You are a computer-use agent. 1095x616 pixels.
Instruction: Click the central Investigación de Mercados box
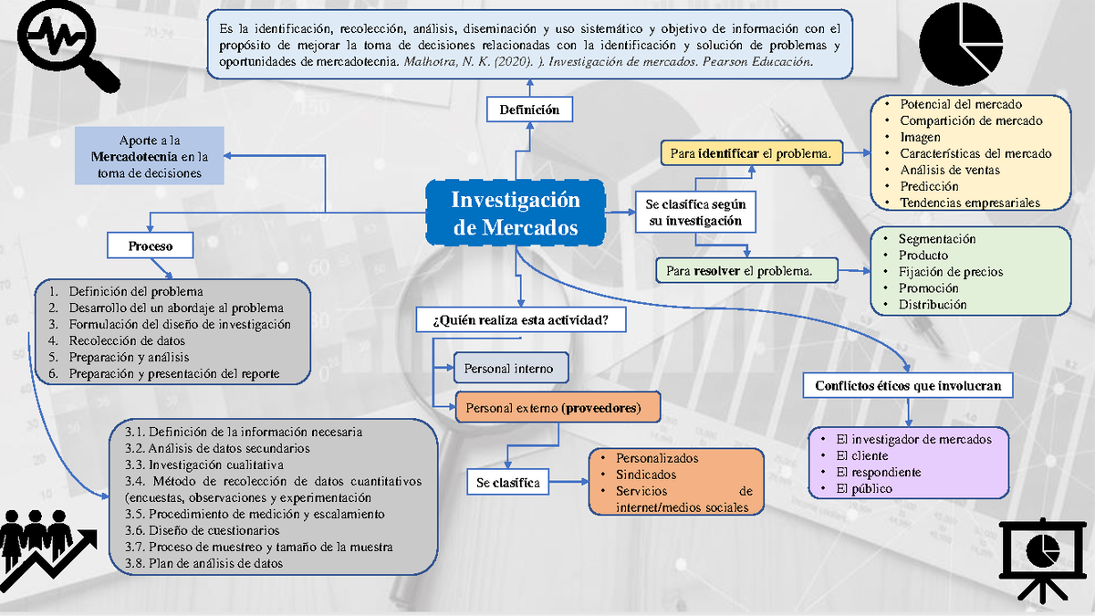pyautogui.click(x=516, y=214)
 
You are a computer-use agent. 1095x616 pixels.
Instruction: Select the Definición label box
pyautogui.click(x=529, y=110)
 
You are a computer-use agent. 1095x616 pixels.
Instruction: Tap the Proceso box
pyautogui.click(x=151, y=245)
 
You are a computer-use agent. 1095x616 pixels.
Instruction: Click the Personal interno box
pyautogui.click(x=510, y=369)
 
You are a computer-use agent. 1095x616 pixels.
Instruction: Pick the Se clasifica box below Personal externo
pyautogui.click(x=508, y=482)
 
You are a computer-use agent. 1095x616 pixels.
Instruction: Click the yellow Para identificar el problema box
pyautogui.click(x=751, y=153)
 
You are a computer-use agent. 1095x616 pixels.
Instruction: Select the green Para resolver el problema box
pyautogui.click(x=746, y=271)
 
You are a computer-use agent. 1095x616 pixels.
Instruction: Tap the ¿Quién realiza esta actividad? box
pyautogui.click(x=521, y=320)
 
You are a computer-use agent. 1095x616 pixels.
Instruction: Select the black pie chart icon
pyautogui.click(x=965, y=43)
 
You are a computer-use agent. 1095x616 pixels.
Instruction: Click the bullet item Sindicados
pyautogui.click(x=645, y=475)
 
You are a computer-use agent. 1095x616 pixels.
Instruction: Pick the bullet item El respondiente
pyautogui.click(x=878, y=472)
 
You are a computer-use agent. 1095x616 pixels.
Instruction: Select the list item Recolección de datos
pyautogui.click(x=127, y=340)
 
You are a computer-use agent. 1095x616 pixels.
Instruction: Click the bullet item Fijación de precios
pyautogui.click(x=950, y=272)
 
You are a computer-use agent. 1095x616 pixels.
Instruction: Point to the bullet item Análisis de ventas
pyautogui.click(x=949, y=170)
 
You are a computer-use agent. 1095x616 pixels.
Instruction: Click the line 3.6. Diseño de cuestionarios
pyautogui.click(x=203, y=530)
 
